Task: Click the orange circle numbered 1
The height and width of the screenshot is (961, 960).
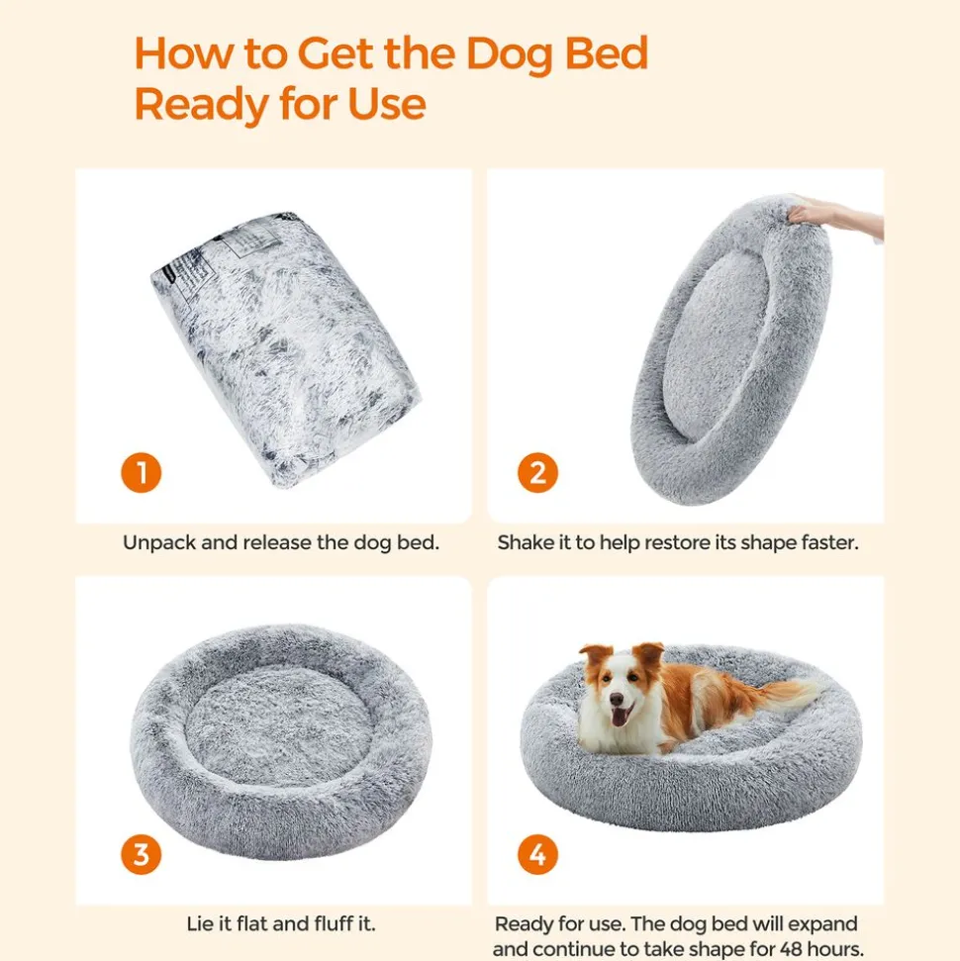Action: coord(141,472)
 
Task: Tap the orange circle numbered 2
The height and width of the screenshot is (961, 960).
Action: coord(537,472)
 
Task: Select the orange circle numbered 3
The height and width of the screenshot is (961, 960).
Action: coord(141,854)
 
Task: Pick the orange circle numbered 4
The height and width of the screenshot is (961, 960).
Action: coord(537,854)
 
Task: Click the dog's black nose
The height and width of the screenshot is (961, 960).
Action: coord(617,699)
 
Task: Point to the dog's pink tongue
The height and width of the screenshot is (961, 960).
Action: coord(620,716)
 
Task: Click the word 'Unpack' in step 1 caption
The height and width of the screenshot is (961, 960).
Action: coord(158,543)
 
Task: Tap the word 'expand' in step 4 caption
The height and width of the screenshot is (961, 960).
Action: coord(820,924)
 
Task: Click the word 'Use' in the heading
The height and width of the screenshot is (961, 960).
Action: coord(386,104)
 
